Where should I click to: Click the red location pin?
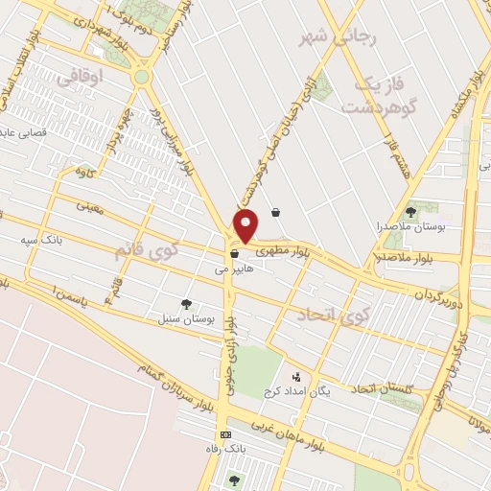pyautogui.click(x=246, y=226)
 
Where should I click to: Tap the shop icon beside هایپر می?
pyautogui.click(x=234, y=254)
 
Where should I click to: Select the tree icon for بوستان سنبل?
pyautogui.click(x=186, y=303)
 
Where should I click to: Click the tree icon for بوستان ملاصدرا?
pyautogui.click(x=411, y=211)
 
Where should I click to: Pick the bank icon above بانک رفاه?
pyautogui.click(x=225, y=434)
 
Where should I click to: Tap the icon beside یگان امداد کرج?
pyautogui.click(x=295, y=377)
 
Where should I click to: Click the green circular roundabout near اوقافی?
pyautogui.click(x=142, y=76)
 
